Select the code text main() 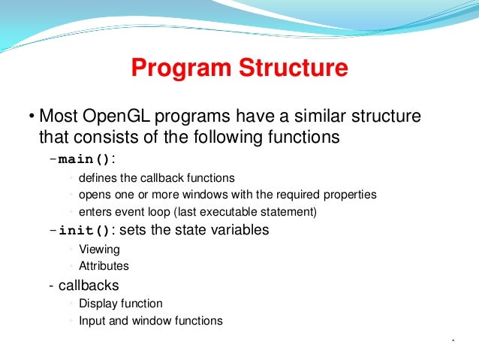click(x=85, y=159)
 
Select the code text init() click(x=85, y=231)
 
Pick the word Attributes click(x=104, y=265)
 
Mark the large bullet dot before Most click(x=32, y=117)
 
